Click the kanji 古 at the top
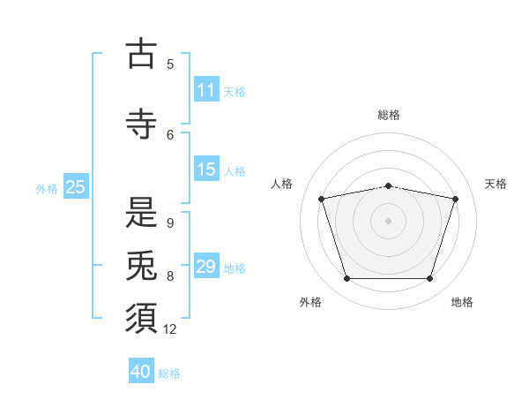tap(141, 53)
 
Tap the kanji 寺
tap(141, 124)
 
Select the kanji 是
tap(141, 212)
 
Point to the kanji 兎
tap(141, 265)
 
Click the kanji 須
tap(141, 319)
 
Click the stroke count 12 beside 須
tap(169, 329)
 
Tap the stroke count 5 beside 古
tap(170, 64)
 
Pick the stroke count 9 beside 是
tap(170, 223)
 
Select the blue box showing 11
tap(206, 89)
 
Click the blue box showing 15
tap(206, 169)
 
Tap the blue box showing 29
tap(206, 265)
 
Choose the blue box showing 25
tap(76, 186)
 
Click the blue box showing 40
tap(141, 370)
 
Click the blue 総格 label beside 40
tap(169, 373)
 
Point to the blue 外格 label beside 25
tap(47, 189)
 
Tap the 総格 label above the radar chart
tap(389, 115)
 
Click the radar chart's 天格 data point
tap(455, 199)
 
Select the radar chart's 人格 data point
tap(322, 199)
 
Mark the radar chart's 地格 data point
tap(429, 278)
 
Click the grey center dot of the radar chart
tap(388, 221)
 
